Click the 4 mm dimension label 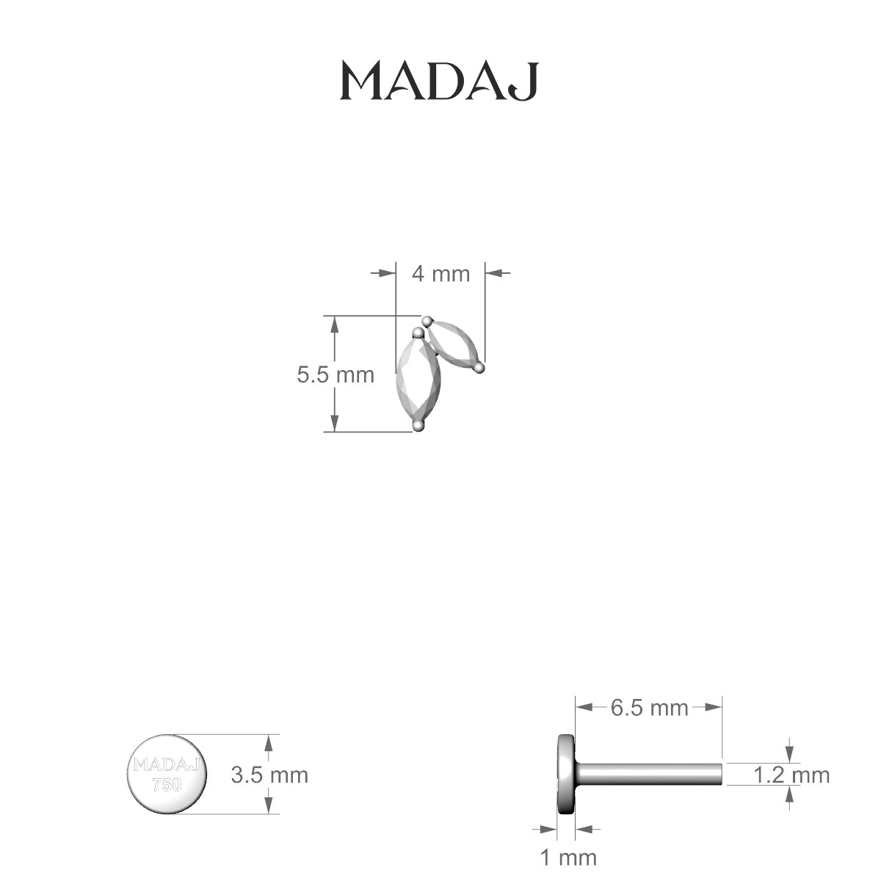tap(440, 274)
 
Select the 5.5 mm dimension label tap(335, 375)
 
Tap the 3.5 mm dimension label tap(269, 775)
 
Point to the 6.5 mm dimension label tap(649, 708)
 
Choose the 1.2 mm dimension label tap(791, 775)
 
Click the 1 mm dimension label tap(568, 857)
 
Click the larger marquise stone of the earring tap(417, 380)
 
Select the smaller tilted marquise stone tap(454, 344)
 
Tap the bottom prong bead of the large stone tap(418, 424)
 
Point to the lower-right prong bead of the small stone tap(479, 366)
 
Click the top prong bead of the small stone tap(428, 320)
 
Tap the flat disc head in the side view tap(566, 774)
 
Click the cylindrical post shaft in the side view tap(650, 774)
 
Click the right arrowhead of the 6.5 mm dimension tap(715, 708)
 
